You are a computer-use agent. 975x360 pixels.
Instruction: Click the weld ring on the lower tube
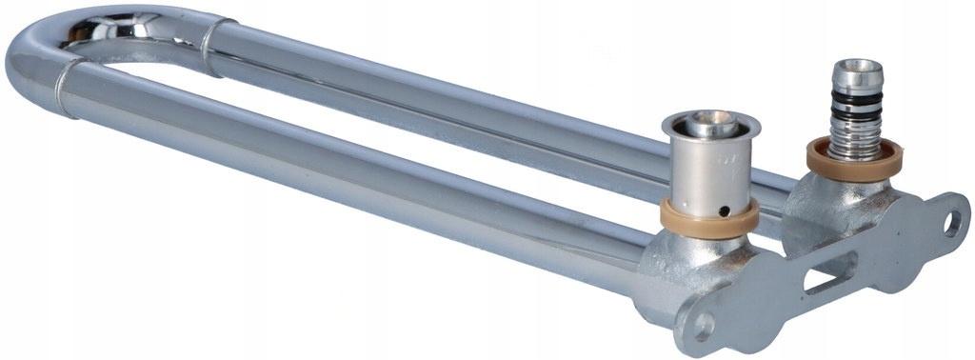(65, 86)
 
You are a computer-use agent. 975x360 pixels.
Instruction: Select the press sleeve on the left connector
(709, 167)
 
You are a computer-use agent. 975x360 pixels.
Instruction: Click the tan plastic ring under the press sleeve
(709, 219)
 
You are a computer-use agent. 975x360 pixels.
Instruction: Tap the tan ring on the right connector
(854, 160)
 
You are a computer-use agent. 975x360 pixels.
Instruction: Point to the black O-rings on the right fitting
(856, 108)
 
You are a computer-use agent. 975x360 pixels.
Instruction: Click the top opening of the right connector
(858, 67)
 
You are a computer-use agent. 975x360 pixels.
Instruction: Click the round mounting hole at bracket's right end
(951, 223)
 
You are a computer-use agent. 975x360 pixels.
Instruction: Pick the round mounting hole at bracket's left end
(703, 327)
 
